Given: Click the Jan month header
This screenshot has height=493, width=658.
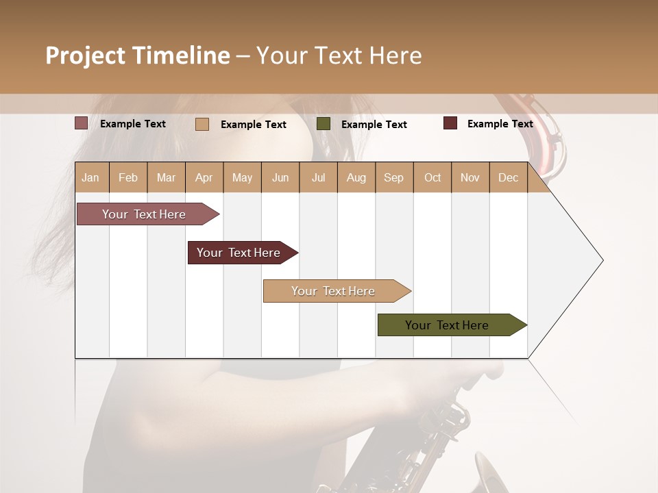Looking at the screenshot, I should [x=90, y=177].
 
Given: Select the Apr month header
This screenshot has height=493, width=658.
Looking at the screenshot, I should [x=204, y=177].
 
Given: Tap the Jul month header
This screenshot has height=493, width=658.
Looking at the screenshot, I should [x=318, y=177].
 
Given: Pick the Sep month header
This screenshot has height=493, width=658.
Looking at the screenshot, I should [x=393, y=177].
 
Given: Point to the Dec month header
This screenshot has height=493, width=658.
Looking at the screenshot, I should [x=508, y=177].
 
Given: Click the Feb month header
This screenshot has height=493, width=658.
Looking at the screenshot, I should [x=128, y=177].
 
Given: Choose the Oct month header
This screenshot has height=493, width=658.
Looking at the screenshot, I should [x=432, y=177].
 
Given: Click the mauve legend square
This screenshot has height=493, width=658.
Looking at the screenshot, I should [x=82, y=123].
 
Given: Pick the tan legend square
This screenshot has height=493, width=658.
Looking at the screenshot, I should [x=202, y=124].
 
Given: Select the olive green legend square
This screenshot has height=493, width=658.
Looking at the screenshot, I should [x=324, y=124].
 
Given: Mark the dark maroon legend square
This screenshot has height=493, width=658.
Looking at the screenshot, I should [x=450, y=123].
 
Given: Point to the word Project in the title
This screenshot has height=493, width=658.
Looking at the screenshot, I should [x=85, y=55].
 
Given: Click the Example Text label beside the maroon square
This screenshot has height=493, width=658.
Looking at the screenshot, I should [x=500, y=124].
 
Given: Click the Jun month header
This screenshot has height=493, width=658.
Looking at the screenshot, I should [x=280, y=177].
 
